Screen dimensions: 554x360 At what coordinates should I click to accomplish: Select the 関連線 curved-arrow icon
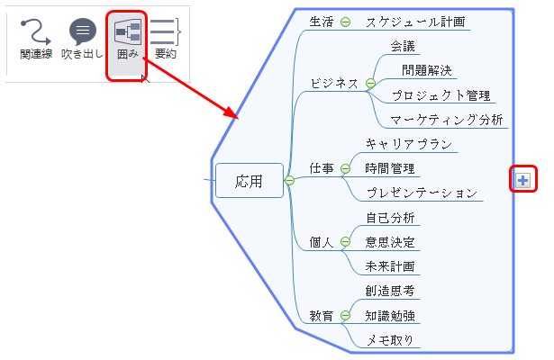pyautogui.click(x=36, y=31)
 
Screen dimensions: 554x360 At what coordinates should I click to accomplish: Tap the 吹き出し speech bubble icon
pyautogui.click(x=83, y=31)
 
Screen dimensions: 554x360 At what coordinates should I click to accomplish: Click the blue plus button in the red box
pyautogui.click(x=522, y=180)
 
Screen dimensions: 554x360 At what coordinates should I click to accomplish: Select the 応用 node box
pyautogui.click(x=250, y=180)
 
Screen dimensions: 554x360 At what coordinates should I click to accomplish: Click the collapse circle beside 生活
pyautogui.click(x=345, y=22)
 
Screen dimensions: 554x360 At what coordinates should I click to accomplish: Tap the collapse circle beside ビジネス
pyautogui.click(x=370, y=84)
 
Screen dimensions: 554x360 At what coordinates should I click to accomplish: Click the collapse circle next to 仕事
pyautogui.click(x=345, y=168)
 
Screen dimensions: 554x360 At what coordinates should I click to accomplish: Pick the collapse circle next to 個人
pyautogui.click(x=345, y=242)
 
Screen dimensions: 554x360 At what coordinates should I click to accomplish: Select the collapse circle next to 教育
pyautogui.click(x=345, y=315)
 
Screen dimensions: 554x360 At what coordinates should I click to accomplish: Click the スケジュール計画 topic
pyautogui.click(x=415, y=22)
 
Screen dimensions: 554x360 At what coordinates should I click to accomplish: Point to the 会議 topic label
pyautogui.click(x=403, y=46)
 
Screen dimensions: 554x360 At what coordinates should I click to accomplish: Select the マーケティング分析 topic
pyautogui.click(x=446, y=120)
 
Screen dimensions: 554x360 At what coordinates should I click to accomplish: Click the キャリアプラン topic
pyautogui.click(x=409, y=144)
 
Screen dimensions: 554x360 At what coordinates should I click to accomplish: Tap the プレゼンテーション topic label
pyautogui.click(x=422, y=193)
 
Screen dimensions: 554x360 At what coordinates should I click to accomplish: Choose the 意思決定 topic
pyautogui.click(x=390, y=242)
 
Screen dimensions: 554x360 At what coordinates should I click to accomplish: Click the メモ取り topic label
pyautogui.click(x=390, y=340)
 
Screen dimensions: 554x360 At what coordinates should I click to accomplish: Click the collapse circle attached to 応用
pyautogui.click(x=289, y=181)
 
